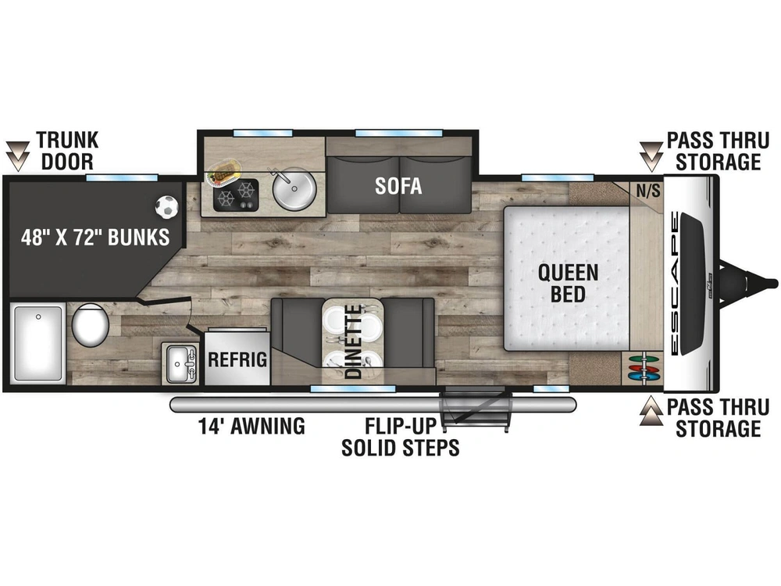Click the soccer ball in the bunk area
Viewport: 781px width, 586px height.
click(166, 207)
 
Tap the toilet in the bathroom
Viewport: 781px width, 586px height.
click(90, 324)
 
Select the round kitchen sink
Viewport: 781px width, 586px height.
click(294, 190)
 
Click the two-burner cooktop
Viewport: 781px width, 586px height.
click(236, 195)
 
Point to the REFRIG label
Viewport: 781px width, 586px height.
click(237, 359)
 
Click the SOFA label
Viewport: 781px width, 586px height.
click(398, 186)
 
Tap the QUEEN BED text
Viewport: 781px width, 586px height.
click(568, 283)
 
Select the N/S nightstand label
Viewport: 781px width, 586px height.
click(648, 190)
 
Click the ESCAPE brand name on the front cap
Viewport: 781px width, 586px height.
click(675, 283)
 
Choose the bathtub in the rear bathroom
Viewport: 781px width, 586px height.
click(37, 343)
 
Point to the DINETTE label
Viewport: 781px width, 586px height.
click(353, 342)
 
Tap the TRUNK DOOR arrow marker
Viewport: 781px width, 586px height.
click(18, 156)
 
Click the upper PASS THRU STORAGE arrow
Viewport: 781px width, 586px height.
click(651, 156)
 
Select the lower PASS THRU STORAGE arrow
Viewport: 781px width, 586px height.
click(651, 411)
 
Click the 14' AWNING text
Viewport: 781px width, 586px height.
click(251, 426)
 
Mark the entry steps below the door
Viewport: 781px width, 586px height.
click(476, 409)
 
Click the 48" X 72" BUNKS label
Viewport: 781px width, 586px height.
click(95, 238)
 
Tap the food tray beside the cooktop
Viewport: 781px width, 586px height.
click(223, 171)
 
